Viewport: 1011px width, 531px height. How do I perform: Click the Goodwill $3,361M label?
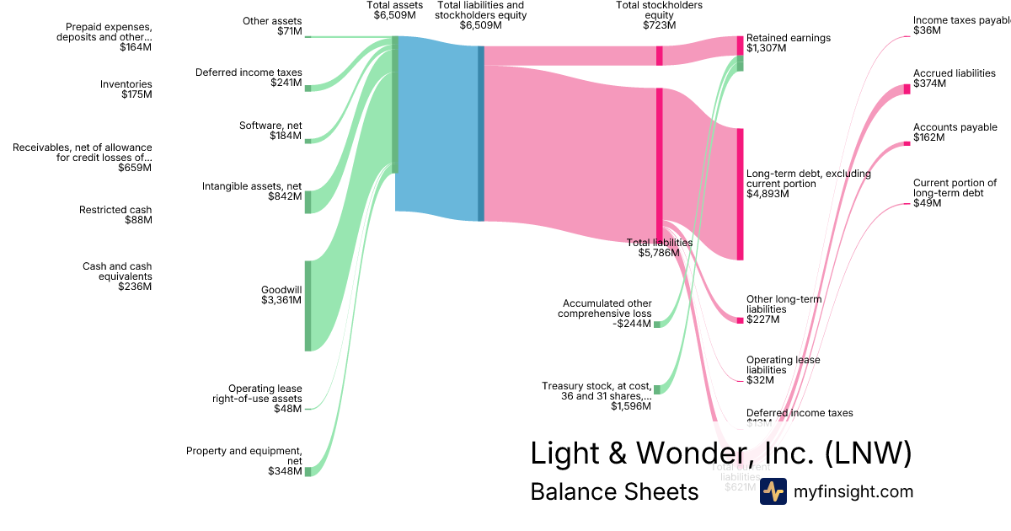click(x=281, y=295)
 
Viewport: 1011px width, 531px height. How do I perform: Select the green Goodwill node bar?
click(x=308, y=305)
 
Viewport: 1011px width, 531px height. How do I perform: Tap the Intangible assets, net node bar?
click(x=308, y=201)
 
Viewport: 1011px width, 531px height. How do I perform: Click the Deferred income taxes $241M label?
click(x=249, y=78)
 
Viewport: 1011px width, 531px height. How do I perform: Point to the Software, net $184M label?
click(x=270, y=131)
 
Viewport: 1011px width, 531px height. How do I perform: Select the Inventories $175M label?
click(x=126, y=89)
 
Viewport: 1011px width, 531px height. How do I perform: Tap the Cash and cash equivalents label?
click(x=117, y=276)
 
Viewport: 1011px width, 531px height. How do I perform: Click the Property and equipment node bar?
click(x=308, y=471)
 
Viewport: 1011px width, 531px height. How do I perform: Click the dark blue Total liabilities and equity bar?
click(x=481, y=133)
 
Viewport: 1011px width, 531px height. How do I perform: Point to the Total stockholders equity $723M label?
click(x=659, y=15)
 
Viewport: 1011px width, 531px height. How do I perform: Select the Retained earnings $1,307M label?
click(x=788, y=43)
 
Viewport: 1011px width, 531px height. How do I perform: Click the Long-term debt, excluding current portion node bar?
click(x=740, y=194)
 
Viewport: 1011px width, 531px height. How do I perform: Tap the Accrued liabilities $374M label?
click(x=954, y=78)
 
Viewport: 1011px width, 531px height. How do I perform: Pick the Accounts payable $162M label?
click(x=955, y=132)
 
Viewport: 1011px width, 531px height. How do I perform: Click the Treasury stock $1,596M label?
click(x=596, y=396)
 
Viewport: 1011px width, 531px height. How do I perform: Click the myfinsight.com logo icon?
click(x=773, y=491)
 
